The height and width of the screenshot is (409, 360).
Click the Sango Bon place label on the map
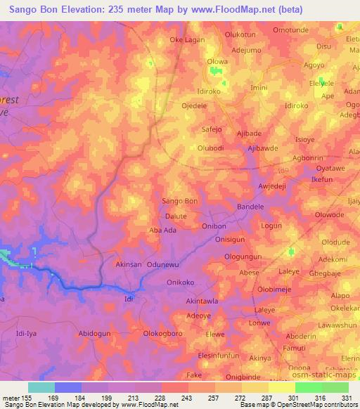[180, 201]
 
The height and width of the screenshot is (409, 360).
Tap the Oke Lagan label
[187, 40]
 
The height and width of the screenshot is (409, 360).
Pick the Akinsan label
[129, 265]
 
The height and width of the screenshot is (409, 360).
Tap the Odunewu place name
[165, 265]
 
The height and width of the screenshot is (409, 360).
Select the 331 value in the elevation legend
[347, 398]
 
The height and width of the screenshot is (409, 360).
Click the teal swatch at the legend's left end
[41, 387]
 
